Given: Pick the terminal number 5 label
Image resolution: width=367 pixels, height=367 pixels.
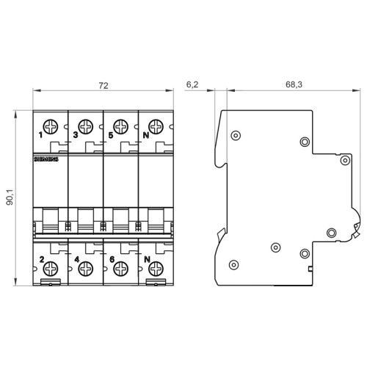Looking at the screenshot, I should click(x=111, y=135).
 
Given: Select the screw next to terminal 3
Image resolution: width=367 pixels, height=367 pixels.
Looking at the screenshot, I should click(x=86, y=126).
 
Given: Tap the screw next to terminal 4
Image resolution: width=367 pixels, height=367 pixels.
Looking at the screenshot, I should click(x=86, y=268).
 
